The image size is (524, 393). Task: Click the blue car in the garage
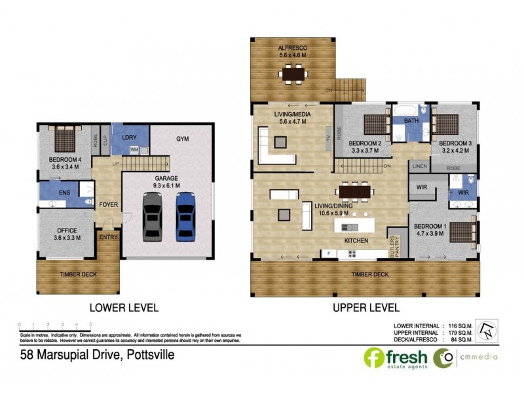pyautogui.click(x=186, y=215)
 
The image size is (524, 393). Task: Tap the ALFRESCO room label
pyautogui.click(x=293, y=48)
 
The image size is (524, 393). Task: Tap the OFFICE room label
pyautogui.click(x=67, y=231)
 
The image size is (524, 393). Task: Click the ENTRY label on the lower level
pyautogui.click(x=107, y=237)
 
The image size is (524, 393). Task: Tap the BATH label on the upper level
pyautogui.click(x=411, y=121)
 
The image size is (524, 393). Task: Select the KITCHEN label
pyautogui.click(x=357, y=241)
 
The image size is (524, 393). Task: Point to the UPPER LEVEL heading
pyautogui.click(x=365, y=307)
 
